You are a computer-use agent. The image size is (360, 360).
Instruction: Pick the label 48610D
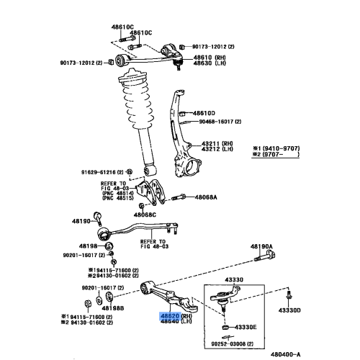pyautogui.click(x=204, y=114)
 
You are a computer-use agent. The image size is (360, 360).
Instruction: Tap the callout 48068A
pyautogui.click(x=204, y=196)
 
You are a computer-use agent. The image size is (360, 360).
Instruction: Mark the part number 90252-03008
pyautogui.click(x=239, y=344)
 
